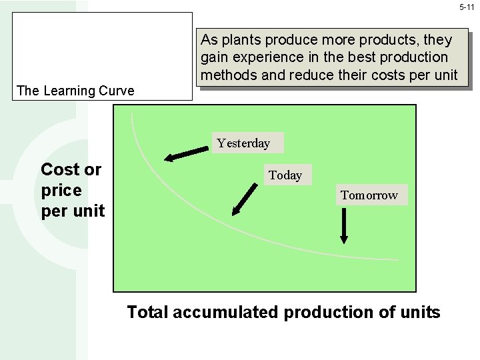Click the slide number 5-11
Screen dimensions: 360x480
coord(467,7)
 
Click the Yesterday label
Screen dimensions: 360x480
coord(243,143)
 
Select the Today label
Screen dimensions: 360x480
coord(285,175)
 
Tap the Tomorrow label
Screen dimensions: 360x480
coord(369,195)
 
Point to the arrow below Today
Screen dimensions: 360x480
coord(245,199)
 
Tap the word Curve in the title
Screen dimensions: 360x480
coord(116,91)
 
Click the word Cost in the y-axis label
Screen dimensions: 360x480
coord(61,169)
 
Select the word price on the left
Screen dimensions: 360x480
coord(61,191)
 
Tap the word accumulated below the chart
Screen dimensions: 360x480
coord(226,312)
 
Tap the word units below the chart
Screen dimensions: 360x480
coord(419,312)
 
